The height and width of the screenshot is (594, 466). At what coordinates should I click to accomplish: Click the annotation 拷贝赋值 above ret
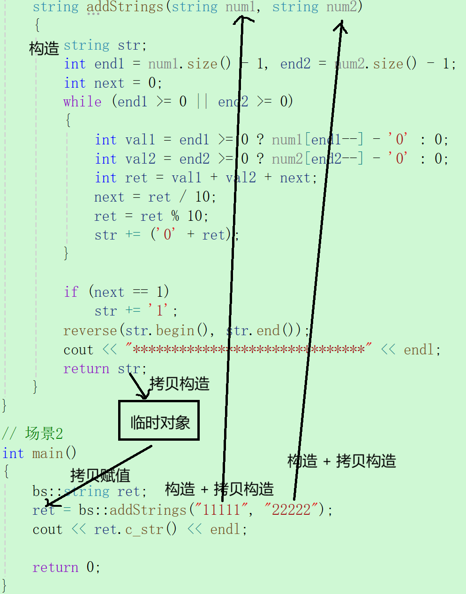(100, 475)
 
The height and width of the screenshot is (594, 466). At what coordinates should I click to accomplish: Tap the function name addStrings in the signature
(125, 7)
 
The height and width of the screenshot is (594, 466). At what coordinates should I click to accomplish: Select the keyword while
(83, 102)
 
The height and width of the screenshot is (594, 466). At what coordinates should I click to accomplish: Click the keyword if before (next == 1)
(71, 292)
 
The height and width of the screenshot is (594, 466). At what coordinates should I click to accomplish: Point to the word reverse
(90, 331)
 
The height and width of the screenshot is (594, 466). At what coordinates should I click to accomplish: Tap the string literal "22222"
(291, 510)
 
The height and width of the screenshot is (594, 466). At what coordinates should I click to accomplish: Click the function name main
(48, 453)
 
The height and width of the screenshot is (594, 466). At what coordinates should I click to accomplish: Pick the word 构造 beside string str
(44, 48)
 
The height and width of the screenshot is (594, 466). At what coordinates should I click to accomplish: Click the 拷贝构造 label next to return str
(180, 383)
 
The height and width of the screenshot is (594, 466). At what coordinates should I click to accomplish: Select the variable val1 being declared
(140, 140)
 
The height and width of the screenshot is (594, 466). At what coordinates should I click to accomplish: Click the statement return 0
(66, 567)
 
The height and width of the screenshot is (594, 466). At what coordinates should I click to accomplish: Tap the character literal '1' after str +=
(159, 310)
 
